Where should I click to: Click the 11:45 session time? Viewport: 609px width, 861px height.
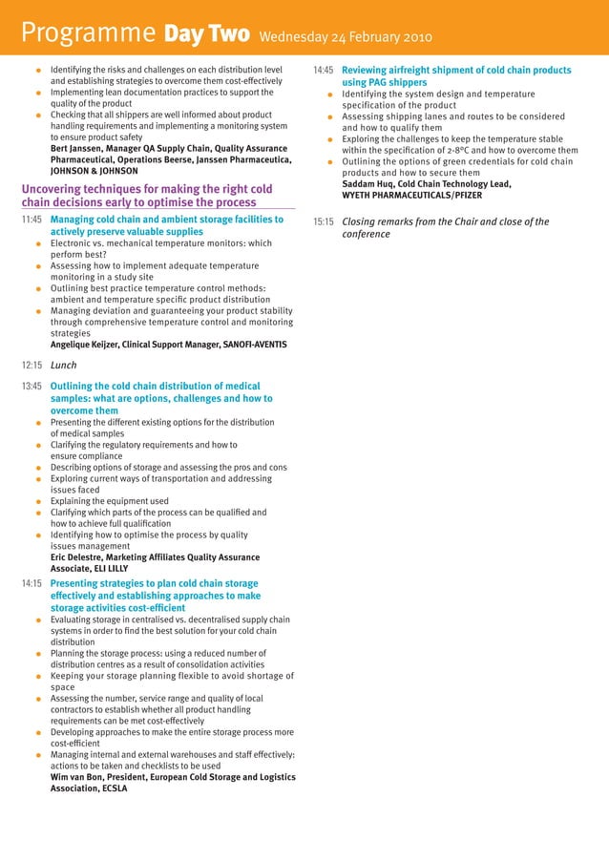click(31, 220)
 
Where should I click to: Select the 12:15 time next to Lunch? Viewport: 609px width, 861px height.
click(31, 365)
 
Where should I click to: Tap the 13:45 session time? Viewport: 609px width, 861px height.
click(31, 387)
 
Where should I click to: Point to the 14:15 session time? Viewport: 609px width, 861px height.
click(31, 583)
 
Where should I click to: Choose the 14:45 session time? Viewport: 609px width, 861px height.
click(324, 71)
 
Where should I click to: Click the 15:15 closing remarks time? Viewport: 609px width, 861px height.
click(324, 222)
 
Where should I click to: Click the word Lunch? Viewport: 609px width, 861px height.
click(63, 365)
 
